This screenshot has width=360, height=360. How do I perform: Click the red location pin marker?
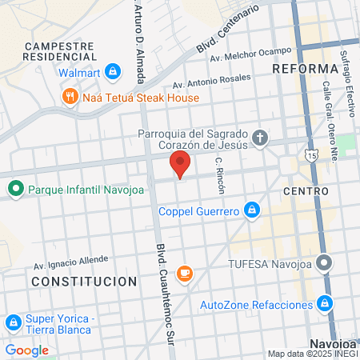click(181, 164)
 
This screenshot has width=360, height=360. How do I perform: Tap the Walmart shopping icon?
click(112, 72)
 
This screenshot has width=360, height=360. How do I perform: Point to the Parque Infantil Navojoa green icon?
click(14, 190)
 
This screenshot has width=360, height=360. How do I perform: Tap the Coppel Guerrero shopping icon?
click(252, 210)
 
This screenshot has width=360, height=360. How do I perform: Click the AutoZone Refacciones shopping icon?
click(324, 304)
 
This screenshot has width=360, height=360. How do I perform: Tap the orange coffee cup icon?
click(184, 274)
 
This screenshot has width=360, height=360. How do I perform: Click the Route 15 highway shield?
click(310, 152)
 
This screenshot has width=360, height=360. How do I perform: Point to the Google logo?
click(26, 350)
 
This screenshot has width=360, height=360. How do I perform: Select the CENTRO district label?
click(306, 192)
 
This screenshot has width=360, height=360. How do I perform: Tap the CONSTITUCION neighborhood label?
click(84, 282)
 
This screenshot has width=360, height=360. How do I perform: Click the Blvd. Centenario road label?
click(229, 29)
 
